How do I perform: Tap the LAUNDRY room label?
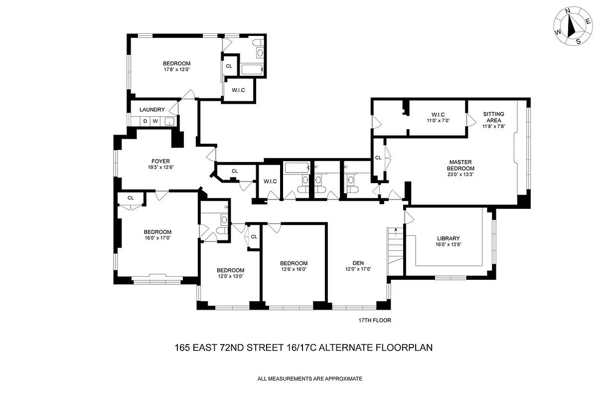[152, 110]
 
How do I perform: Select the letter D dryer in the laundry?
[145, 121]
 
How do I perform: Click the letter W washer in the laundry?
[155, 121]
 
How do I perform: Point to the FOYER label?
[161, 161]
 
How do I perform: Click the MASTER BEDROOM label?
[461, 165]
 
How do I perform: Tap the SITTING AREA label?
[493, 117]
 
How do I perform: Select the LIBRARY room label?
[448, 238]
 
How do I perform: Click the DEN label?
[358, 263]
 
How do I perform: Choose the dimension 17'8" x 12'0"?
[176, 70]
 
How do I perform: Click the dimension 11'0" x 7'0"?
[438, 120]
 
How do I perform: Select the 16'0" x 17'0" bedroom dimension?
[157, 238]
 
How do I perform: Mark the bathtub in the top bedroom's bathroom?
[252, 69]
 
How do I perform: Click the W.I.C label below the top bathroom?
[238, 90]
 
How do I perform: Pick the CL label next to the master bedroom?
[378, 158]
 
